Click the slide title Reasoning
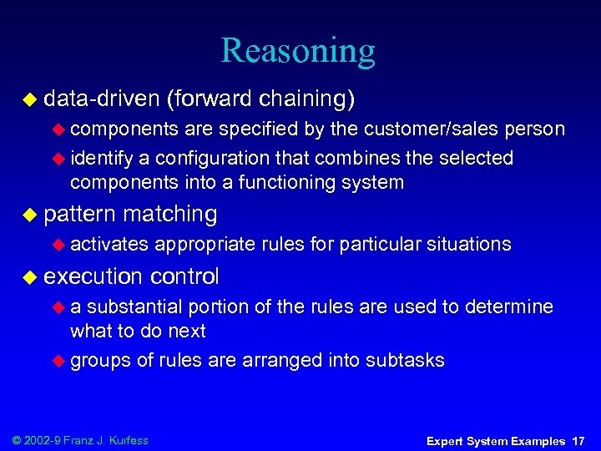tap(298, 51)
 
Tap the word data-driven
tap(101, 99)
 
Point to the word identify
tap(97, 158)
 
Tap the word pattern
tap(79, 214)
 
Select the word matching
tap(169, 214)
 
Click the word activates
tap(109, 244)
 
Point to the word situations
tap(469, 244)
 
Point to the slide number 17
tap(578, 441)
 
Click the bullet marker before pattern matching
tap(29, 215)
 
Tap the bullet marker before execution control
tap(29, 276)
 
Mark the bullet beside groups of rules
tap(58, 361)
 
